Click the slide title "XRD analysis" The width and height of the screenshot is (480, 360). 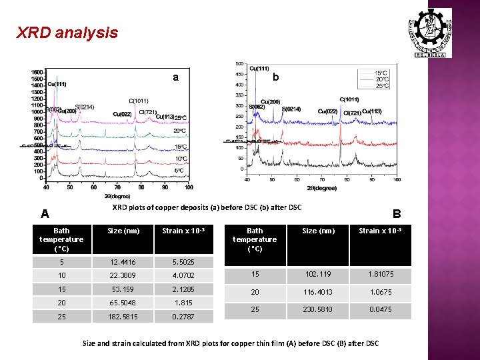pyautogui.click(x=67, y=32)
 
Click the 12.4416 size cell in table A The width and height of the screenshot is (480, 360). pyautogui.click(x=123, y=263)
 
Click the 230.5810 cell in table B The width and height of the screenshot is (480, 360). pyautogui.click(x=319, y=309)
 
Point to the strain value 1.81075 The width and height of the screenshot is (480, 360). pyautogui.click(x=379, y=273)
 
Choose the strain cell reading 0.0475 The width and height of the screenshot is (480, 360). pyautogui.click(x=379, y=309)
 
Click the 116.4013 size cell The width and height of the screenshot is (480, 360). pyautogui.click(x=319, y=291)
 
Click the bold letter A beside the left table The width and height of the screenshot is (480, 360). pyautogui.click(x=45, y=214)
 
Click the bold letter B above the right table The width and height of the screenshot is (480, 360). pyautogui.click(x=397, y=214)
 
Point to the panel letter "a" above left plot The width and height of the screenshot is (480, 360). pyautogui.click(x=175, y=77)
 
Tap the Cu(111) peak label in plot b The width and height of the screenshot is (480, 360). pyautogui.click(x=259, y=68)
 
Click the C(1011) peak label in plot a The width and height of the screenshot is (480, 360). pyautogui.click(x=139, y=101)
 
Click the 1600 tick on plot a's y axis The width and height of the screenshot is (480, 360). pyautogui.click(x=37, y=71)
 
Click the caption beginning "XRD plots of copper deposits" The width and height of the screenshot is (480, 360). pyautogui.click(x=207, y=207)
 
